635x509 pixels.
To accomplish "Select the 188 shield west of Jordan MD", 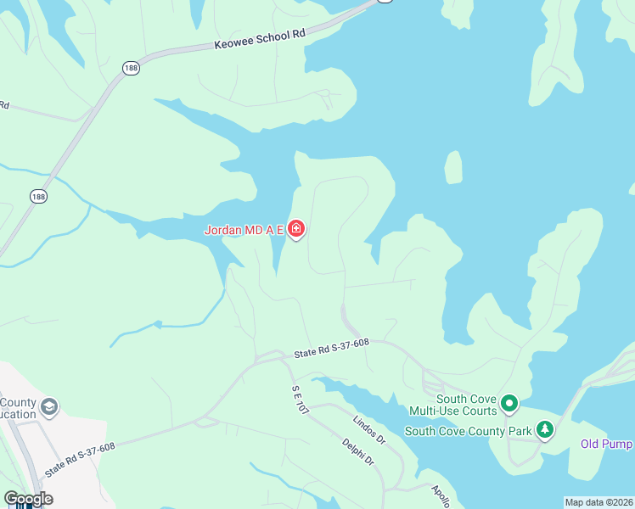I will click(38, 196).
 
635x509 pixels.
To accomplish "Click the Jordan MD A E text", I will click(244, 230).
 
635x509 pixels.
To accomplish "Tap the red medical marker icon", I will click(296, 229).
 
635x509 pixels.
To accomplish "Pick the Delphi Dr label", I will click(358, 451).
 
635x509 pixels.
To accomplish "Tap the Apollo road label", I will click(440, 495).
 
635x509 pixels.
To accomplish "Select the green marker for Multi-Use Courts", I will click(509, 403).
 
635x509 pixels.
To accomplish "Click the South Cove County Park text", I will click(468, 431).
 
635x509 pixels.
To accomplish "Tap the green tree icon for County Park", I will click(544, 430).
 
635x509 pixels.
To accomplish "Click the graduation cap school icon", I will click(49, 408).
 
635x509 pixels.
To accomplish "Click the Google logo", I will click(28, 499).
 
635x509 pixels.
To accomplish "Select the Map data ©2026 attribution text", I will click(598, 502).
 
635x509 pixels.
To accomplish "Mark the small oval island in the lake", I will click(454, 167).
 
